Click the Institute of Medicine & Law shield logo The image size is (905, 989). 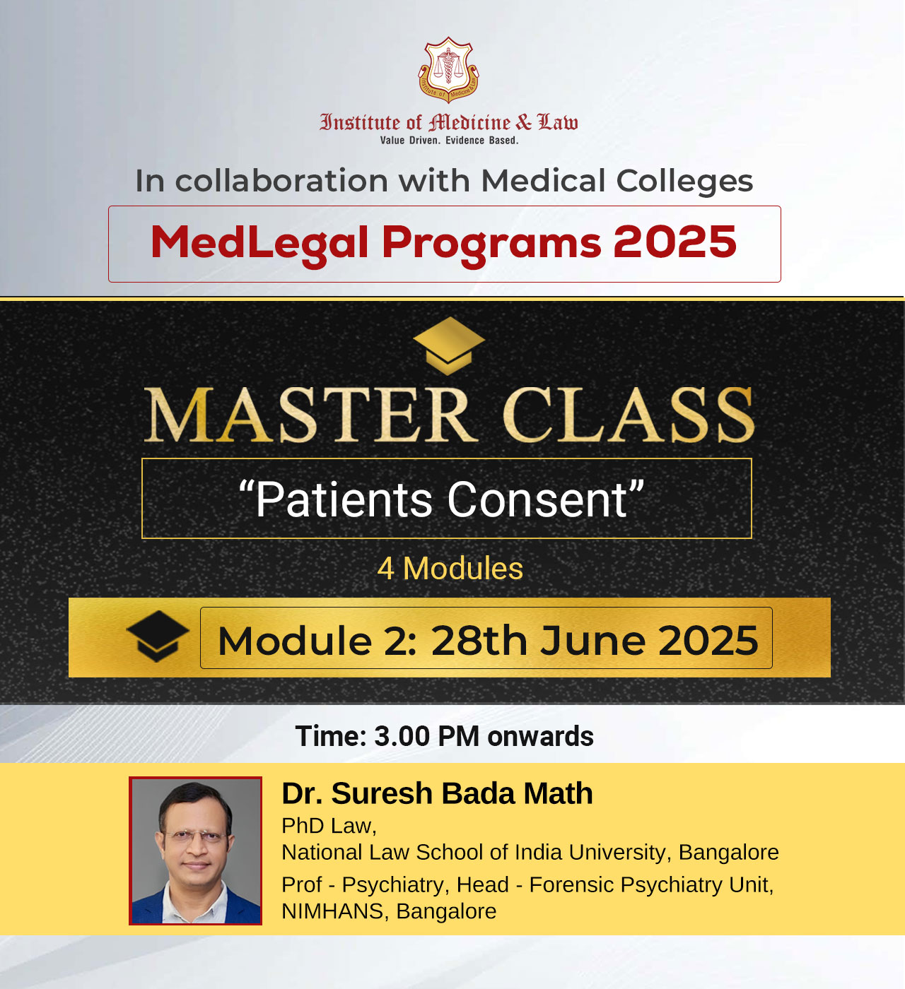click(x=448, y=70)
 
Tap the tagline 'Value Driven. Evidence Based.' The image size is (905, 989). click(x=449, y=141)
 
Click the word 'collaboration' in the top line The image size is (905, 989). click(x=282, y=180)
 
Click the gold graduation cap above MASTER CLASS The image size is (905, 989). click(x=448, y=345)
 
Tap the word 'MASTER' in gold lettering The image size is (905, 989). click(x=311, y=415)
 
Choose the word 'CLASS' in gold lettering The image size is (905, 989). click(x=629, y=415)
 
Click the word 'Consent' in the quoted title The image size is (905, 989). click(x=537, y=500)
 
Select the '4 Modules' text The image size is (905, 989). click(x=450, y=569)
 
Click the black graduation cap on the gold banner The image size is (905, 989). click(x=158, y=636)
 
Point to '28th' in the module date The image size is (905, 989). click(x=479, y=641)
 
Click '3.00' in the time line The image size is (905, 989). click(x=402, y=737)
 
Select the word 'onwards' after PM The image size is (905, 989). click(x=540, y=737)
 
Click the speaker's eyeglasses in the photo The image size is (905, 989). click(x=195, y=835)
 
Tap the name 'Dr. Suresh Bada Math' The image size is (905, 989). click(x=437, y=794)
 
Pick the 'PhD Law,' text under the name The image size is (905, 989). click(x=329, y=826)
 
